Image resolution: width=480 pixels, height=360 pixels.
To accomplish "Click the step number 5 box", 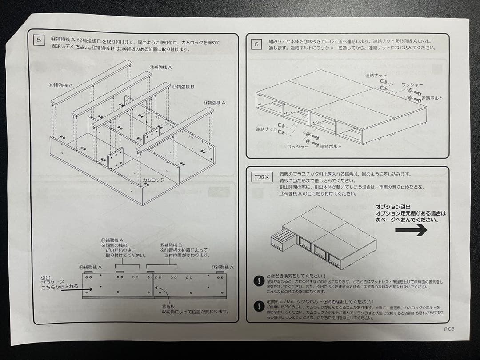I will [x=39, y=40].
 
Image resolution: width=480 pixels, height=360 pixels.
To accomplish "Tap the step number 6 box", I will [x=256, y=44].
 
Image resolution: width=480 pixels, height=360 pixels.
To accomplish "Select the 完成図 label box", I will [x=262, y=177].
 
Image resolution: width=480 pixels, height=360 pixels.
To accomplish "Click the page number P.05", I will [x=449, y=329].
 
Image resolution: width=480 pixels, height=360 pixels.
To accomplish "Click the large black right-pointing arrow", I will [x=411, y=230].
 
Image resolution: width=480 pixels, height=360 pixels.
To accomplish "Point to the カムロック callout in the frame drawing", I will [x=153, y=180].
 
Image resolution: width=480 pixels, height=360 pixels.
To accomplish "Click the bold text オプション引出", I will [x=393, y=207].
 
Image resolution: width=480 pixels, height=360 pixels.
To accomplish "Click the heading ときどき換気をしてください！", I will [x=296, y=276].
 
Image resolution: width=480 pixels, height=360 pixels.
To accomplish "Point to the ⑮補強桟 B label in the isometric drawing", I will [x=183, y=87].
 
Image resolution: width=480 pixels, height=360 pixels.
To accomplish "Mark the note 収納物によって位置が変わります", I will [x=196, y=312].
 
